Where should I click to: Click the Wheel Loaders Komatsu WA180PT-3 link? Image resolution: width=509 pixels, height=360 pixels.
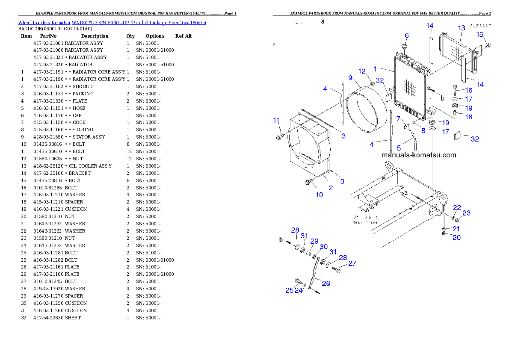pos(112,23)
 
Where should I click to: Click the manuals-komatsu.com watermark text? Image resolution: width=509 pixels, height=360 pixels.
pos(419,155)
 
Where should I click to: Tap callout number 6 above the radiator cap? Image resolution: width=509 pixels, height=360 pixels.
pos(406,35)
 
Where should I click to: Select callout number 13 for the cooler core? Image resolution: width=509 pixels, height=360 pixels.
pos(461,28)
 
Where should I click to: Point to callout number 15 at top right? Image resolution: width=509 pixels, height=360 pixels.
pos(480,34)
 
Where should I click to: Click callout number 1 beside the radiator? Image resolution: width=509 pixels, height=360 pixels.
pos(375,68)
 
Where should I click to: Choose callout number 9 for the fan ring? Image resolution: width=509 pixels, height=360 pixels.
pos(350,78)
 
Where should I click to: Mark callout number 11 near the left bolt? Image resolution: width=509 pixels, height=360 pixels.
pos(276,120)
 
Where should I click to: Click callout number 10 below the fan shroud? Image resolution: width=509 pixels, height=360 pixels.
pos(319,195)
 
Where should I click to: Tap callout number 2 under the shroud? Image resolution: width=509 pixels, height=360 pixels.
pos(330,188)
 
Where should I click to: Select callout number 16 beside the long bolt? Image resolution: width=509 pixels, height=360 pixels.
pos(469,90)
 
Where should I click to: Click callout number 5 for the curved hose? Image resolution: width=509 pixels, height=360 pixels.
pos(399,148)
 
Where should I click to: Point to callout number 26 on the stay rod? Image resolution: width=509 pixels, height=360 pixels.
pos(326,283)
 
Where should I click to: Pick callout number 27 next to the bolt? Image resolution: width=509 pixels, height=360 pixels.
pos(352,263)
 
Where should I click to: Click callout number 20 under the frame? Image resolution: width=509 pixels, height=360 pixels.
pos(456,237)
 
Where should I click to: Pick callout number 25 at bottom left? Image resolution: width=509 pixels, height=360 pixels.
pos(289,290)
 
